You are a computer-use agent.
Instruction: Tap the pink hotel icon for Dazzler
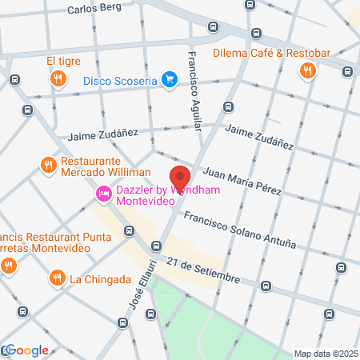click(104, 194)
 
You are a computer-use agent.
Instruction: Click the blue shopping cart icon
click(169, 80)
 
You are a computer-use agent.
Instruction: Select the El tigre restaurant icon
click(58, 78)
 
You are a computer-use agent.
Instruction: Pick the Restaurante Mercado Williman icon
click(48, 166)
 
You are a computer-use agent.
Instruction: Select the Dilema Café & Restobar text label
click(272, 54)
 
